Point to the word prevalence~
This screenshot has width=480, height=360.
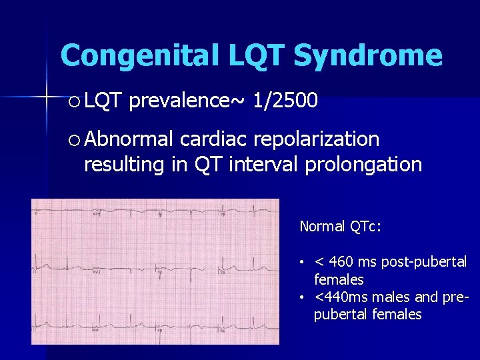point(187,101)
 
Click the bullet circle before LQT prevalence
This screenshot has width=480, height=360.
point(73,102)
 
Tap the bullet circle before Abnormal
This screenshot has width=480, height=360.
point(73,140)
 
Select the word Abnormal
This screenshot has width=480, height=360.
point(129,139)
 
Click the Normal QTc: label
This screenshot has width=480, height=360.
point(340,227)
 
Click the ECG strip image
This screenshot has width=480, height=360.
point(155,271)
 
